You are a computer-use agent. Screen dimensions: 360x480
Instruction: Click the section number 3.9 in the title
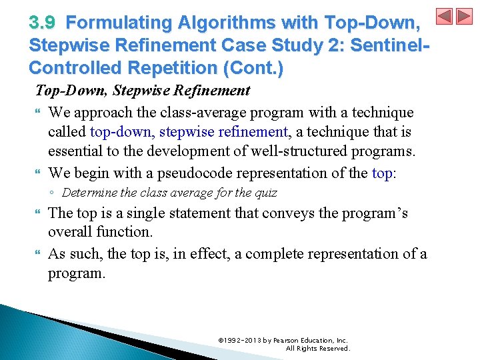click(43, 23)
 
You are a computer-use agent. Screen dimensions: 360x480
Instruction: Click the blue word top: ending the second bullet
click(384, 173)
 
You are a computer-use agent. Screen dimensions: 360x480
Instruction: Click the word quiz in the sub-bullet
click(265, 193)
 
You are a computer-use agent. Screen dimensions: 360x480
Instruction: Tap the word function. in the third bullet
click(125, 232)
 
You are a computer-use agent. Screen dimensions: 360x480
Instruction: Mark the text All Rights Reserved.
click(317, 348)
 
